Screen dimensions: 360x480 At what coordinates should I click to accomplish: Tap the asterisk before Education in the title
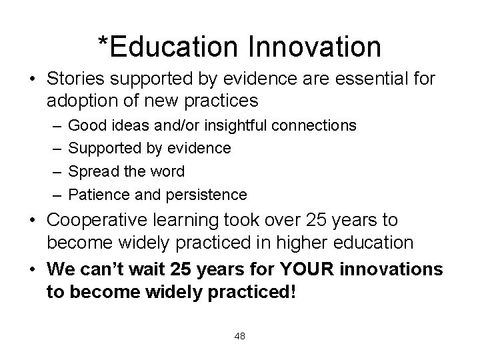[103, 41]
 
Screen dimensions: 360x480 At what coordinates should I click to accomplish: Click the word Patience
[96, 195]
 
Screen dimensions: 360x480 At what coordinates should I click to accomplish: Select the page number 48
[240, 336]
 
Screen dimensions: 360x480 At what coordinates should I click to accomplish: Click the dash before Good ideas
[53, 125]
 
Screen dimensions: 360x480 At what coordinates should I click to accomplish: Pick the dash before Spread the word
[53, 171]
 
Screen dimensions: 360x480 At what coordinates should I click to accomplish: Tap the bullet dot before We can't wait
[33, 269]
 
